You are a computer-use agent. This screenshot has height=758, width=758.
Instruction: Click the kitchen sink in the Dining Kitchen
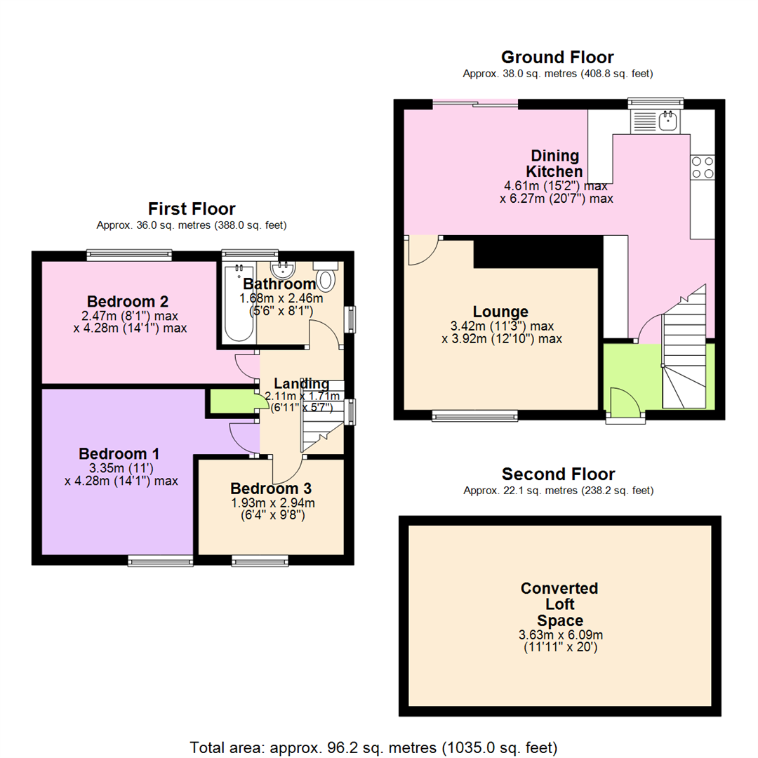point(655,121)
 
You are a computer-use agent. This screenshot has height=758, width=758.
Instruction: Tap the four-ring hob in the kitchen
point(703,167)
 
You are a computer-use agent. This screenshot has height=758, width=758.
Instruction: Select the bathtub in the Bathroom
point(239,302)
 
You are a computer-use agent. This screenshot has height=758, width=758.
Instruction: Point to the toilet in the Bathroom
point(326,277)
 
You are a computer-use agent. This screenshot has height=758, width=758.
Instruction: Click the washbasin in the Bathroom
point(283,270)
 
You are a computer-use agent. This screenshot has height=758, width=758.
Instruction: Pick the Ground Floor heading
point(557,57)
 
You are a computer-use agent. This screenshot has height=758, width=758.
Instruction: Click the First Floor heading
point(192,209)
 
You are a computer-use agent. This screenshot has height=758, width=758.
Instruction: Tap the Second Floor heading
point(559,474)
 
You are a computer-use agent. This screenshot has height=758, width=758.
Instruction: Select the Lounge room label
point(500,312)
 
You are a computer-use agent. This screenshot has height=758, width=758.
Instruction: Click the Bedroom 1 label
point(119,453)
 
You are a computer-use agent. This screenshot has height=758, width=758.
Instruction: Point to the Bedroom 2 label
point(128,301)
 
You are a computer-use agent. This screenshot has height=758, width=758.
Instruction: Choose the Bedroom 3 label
point(271,488)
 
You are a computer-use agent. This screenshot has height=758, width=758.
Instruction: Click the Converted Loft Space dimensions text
point(560,641)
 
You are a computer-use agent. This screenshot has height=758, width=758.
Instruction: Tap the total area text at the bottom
point(373,748)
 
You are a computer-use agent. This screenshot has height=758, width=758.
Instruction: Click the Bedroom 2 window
point(129,255)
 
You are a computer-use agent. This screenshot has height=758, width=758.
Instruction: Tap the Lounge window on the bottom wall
point(474,415)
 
